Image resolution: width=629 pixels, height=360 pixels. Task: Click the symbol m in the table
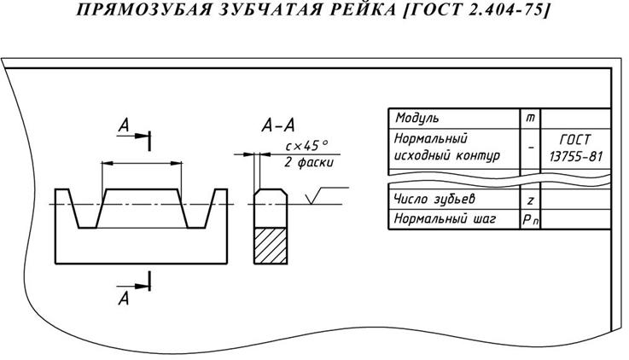click(x=531, y=118)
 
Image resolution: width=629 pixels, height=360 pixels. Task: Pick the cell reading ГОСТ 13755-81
click(x=577, y=147)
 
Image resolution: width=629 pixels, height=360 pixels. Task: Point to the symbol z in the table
click(x=531, y=200)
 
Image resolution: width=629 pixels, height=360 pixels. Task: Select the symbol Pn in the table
click(x=531, y=220)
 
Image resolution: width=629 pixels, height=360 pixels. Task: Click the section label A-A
click(x=278, y=127)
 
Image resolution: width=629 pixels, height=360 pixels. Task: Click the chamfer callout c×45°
click(x=306, y=146)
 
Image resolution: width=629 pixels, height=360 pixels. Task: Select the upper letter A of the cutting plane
click(x=124, y=126)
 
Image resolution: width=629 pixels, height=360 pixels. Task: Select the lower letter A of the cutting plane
click(x=124, y=298)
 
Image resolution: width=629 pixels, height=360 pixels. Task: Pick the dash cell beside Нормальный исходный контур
click(x=531, y=147)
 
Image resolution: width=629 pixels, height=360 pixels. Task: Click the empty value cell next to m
click(x=577, y=118)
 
